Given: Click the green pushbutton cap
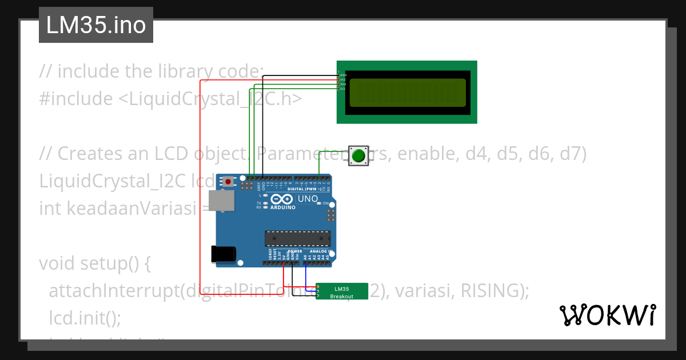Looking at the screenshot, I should (358, 155).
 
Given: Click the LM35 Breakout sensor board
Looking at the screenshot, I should (342, 291).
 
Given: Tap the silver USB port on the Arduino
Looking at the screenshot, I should (221, 201).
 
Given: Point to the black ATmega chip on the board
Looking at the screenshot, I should (297, 238).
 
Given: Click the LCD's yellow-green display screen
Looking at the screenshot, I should (408, 92).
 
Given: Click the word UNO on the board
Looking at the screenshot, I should (308, 199).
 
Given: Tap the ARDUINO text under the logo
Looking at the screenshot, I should (284, 207).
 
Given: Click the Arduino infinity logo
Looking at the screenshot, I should (283, 199).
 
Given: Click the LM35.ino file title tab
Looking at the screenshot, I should (95, 25).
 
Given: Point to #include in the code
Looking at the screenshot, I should (76, 99).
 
